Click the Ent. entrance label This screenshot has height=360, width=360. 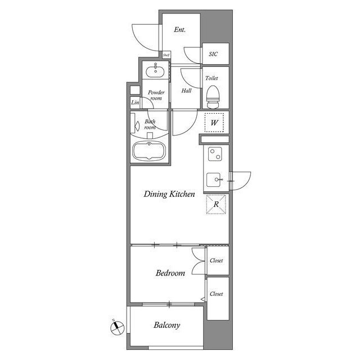(x=180, y=30)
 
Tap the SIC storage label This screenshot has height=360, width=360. (x=213, y=55)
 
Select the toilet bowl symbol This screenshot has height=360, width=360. (x=213, y=98)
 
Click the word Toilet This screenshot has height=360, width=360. (x=212, y=79)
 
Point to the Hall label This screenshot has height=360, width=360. (x=187, y=90)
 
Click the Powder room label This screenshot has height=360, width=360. (x=155, y=94)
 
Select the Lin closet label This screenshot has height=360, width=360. (x=135, y=102)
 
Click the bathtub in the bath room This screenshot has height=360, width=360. (x=149, y=152)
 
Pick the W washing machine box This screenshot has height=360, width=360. (x=214, y=122)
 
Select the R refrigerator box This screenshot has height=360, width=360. (x=215, y=204)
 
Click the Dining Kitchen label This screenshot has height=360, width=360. (x=169, y=194)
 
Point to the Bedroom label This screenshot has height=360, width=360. (x=170, y=273)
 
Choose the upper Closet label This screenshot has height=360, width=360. (x=217, y=260)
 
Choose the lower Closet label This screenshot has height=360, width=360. (x=217, y=294)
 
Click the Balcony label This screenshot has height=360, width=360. (x=167, y=325)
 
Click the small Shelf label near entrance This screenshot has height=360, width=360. (x=166, y=55)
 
